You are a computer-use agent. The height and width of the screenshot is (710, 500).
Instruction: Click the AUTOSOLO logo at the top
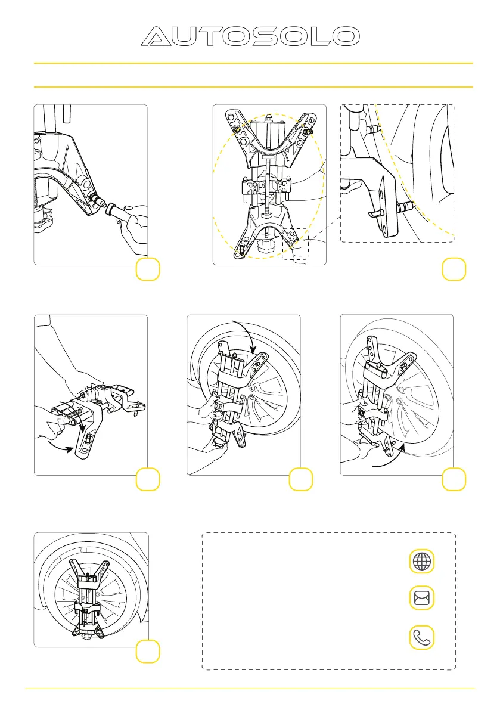click(250, 36)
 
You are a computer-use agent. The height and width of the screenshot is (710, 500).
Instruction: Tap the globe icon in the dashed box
click(422, 562)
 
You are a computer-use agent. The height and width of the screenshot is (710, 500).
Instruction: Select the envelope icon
click(422, 598)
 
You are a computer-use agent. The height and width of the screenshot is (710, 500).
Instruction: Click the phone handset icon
click(422, 637)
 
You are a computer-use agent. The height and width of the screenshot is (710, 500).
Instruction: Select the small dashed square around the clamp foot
click(295, 244)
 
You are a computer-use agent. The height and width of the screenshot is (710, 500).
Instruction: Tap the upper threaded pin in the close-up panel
click(372, 129)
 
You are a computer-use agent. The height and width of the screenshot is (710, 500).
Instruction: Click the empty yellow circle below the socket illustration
click(148, 269)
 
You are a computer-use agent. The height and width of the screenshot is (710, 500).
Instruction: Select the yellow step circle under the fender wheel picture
click(148, 651)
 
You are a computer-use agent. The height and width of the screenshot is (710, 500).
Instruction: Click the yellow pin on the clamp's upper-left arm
click(236, 129)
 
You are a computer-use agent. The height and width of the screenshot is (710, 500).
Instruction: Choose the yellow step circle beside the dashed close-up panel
click(454, 269)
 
